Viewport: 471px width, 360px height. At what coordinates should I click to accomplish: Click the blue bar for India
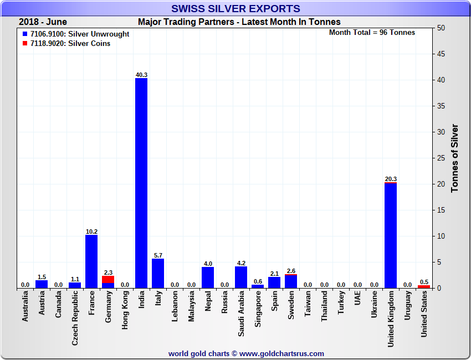[x=141, y=183]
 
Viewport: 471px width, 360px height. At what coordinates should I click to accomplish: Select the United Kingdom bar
[x=391, y=235]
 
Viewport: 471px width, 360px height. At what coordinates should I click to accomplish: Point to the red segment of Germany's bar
[x=108, y=280]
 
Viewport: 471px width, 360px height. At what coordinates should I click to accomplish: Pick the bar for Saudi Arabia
[x=241, y=277]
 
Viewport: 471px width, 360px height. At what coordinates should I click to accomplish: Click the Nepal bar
[x=208, y=277]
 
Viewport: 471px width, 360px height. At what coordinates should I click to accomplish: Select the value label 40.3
[x=141, y=75]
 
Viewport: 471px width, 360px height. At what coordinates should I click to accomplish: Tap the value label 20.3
[x=391, y=179]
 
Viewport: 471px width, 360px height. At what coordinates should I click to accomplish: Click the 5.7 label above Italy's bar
[x=158, y=255]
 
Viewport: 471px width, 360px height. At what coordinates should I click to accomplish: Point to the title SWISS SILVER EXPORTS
[x=235, y=8]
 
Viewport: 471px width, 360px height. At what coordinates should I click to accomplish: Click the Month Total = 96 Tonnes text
[x=372, y=32]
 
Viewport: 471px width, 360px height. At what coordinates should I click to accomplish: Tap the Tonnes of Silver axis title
[x=455, y=158]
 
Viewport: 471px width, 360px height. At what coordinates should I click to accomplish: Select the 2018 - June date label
[x=43, y=22]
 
